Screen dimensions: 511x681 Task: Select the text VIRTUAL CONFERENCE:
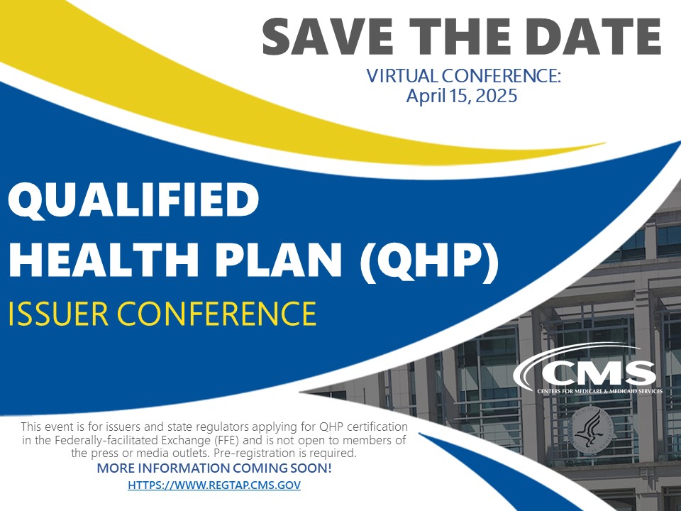[463, 75]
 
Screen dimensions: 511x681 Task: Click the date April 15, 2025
[461, 96]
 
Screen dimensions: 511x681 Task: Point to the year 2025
[497, 96]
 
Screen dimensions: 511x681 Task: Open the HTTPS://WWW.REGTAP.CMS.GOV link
[214, 485]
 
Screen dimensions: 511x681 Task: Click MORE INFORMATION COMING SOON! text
[214, 468]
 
